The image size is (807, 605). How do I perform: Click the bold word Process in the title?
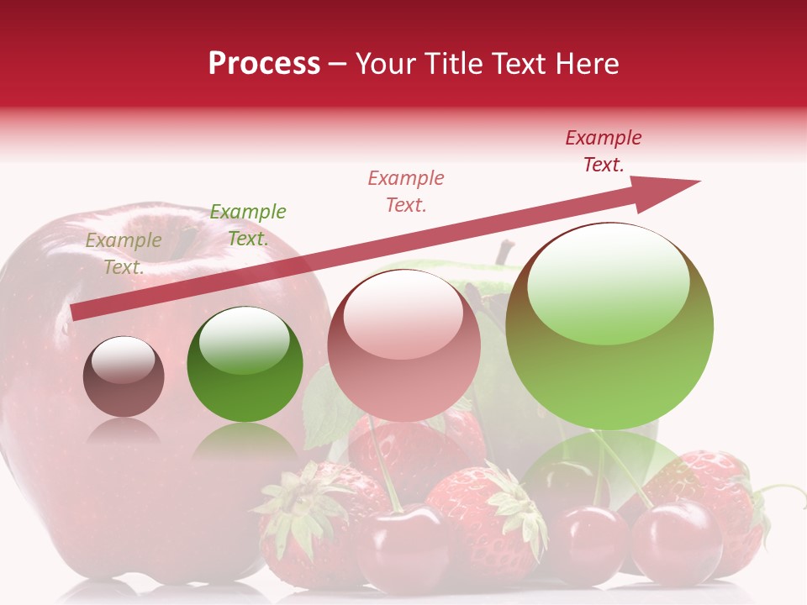click(264, 64)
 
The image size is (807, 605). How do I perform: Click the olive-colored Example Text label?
click(124, 254)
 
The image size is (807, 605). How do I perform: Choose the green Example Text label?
click(247, 225)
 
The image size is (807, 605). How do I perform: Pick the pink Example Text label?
click(406, 192)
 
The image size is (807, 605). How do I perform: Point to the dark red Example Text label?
click(604, 151)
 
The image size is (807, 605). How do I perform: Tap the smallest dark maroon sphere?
click(124, 376)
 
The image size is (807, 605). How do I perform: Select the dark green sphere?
click(245, 365)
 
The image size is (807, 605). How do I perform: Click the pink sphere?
click(403, 346)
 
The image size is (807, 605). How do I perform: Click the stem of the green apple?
click(504, 251)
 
